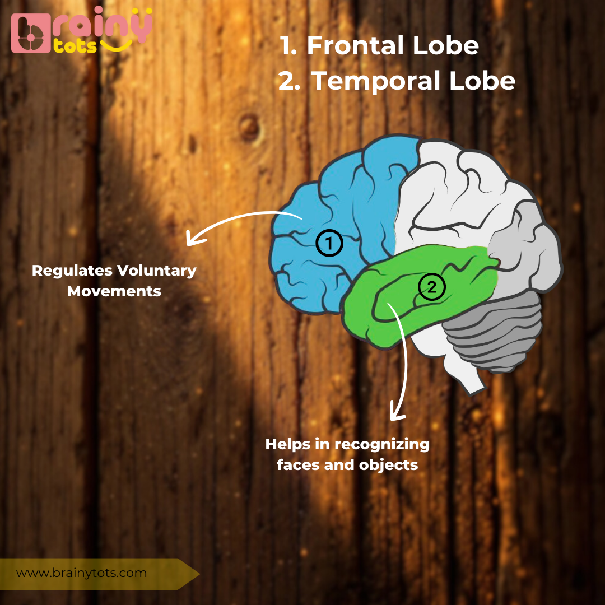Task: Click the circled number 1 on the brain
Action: pyautogui.click(x=329, y=244)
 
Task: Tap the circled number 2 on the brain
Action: pyautogui.click(x=431, y=287)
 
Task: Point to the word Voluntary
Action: pyautogui.click(x=156, y=271)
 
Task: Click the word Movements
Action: pyautogui.click(x=114, y=291)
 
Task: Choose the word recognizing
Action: pyautogui.click(x=382, y=445)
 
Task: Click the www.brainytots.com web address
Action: pyautogui.click(x=81, y=573)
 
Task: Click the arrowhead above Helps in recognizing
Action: pyautogui.click(x=397, y=415)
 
